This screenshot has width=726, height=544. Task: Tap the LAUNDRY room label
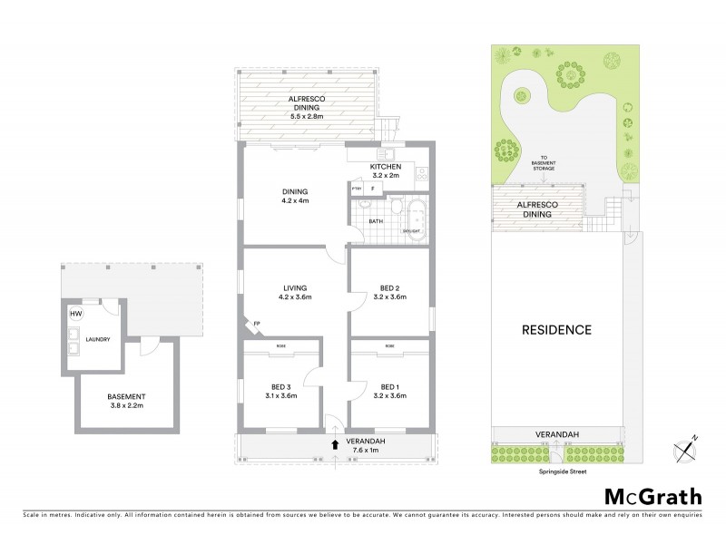click(x=97, y=340)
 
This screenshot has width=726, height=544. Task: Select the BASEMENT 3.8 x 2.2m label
click(x=126, y=402)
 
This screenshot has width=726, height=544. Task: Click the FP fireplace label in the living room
click(x=258, y=323)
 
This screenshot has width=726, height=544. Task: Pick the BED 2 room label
click(x=391, y=291)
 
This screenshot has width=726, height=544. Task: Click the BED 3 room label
click(x=282, y=389)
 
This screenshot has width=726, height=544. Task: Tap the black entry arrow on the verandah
click(x=336, y=444)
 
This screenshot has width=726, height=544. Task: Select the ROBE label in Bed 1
click(x=389, y=346)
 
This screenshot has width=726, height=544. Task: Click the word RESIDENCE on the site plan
click(x=556, y=329)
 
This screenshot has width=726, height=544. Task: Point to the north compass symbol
click(x=684, y=446)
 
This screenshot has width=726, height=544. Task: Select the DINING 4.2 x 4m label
click(x=295, y=196)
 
